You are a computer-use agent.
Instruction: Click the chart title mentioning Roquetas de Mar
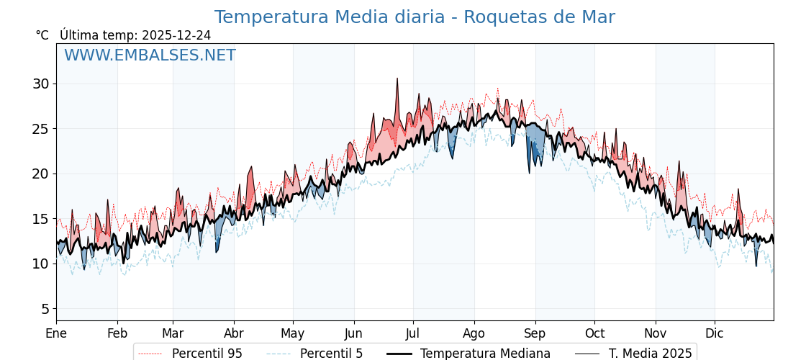(415, 17)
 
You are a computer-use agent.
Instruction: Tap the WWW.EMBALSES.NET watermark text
(150, 55)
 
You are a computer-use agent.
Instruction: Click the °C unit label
(42, 35)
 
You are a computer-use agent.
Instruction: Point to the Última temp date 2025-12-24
(176, 35)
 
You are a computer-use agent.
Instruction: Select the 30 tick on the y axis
(40, 84)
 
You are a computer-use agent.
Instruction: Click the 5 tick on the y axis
(45, 309)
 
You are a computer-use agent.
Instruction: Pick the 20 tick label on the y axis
(40, 174)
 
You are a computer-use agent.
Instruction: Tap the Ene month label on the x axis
(56, 333)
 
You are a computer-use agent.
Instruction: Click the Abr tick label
(234, 333)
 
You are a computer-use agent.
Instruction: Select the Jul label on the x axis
(413, 333)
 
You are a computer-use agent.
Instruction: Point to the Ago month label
(474, 333)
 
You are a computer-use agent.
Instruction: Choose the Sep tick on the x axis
(535, 333)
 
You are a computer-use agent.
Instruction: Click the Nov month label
(656, 333)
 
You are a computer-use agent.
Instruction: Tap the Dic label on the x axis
(715, 333)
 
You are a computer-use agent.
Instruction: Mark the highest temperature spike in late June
(397, 79)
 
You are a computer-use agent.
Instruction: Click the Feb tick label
(117, 333)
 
